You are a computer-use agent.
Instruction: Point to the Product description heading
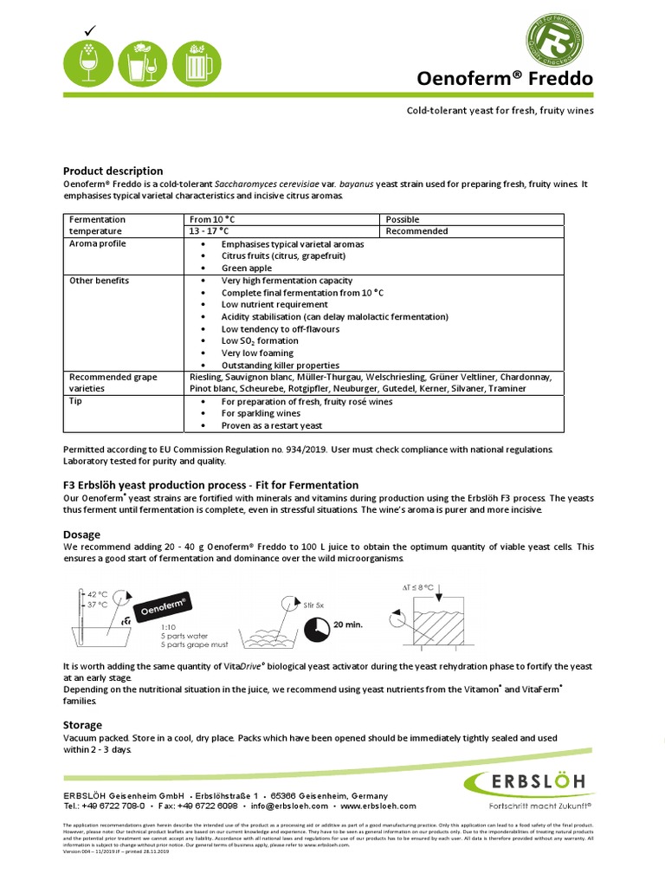[x=113, y=171]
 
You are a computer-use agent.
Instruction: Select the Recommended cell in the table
[x=416, y=231]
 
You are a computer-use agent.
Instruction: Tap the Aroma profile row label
[x=97, y=244]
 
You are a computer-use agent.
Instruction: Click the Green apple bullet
[x=247, y=269]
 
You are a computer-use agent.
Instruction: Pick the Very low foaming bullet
[x=257, y=353]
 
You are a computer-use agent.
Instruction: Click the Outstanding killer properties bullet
[x=280, y=365]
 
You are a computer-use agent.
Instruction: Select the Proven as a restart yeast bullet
[x=271, y=425]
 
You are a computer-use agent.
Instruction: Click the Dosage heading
[x=81, y=534]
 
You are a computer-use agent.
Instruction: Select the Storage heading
[x=82, y=724]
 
